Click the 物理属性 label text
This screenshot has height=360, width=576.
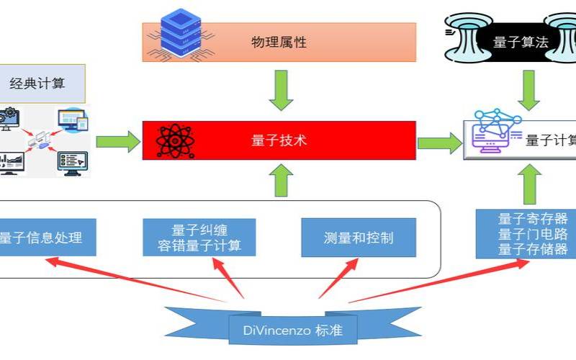click(x=279, y=42)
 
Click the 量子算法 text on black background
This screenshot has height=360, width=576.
click(x=521, y=42)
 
